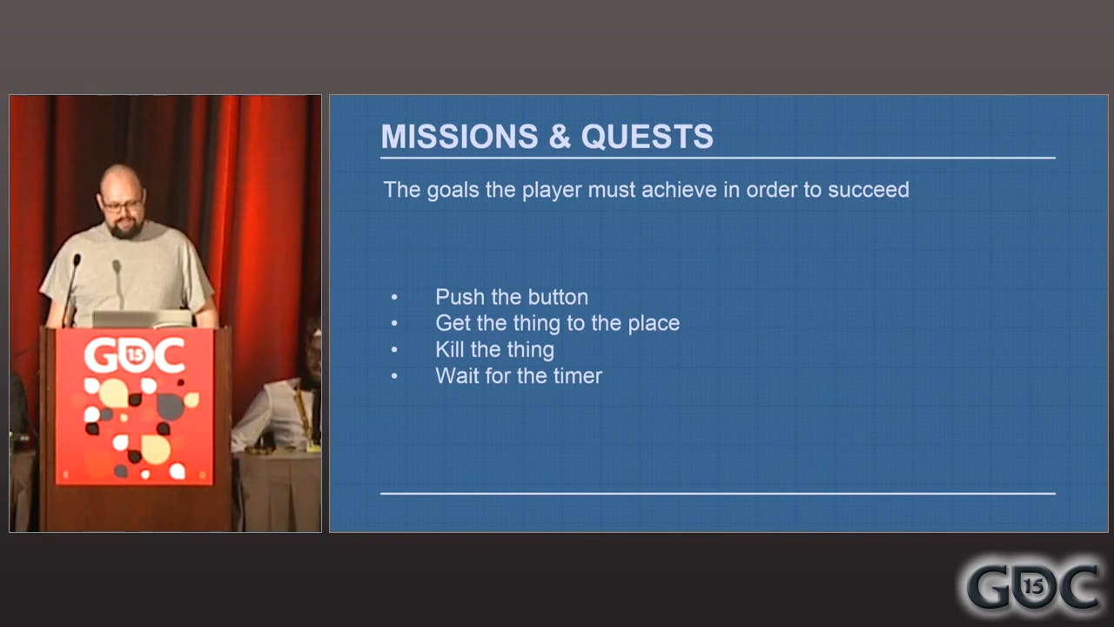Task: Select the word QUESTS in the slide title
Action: (x=647, y=137)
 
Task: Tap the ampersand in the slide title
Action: (x=560, y=137)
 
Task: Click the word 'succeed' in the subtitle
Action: (x=869, y=190)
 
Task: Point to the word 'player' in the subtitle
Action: (x=552, y=191)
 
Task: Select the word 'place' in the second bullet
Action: (x=654, y=324)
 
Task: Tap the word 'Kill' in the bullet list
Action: (x=449, y=349)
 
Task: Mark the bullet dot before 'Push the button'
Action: (x=394, y=298)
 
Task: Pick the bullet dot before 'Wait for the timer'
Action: (x=394, y=376)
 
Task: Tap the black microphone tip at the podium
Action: (x=77, y=260)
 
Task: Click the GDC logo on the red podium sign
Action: (x=134, y=354)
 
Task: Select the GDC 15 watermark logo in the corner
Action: (x=1033, y=587)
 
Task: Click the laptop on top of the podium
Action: (x=142, y=319)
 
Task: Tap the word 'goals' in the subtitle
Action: (x=453, y=191)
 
